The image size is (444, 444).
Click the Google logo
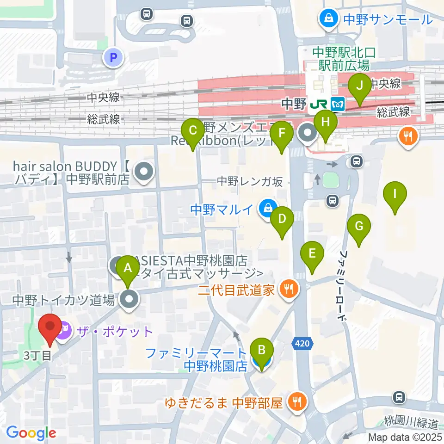[x=31, y=432]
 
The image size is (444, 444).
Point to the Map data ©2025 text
[x=405, y=437]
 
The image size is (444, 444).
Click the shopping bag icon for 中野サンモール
[x=328, y=19]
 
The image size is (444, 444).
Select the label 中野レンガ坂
[x=249, y=181]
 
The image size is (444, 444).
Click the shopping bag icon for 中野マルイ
[x=267, y=209]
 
